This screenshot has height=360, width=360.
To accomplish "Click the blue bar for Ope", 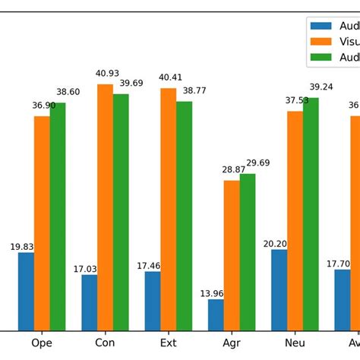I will [26, 292].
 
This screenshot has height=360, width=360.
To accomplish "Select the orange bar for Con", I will [105, 207].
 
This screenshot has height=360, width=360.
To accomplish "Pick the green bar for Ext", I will [184, 216].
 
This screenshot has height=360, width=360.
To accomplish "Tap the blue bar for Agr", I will [216, 315].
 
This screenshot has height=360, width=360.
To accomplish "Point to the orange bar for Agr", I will [232, 255].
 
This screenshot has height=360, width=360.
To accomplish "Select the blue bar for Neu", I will [279, 290].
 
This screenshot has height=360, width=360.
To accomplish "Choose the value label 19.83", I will [21, 247].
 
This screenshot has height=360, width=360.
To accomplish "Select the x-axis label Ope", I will [42, 343].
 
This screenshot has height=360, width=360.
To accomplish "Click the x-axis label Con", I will [105, 343].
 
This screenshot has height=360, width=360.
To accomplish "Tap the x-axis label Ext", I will [169, 343].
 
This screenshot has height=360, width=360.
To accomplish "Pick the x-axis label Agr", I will [232, 343].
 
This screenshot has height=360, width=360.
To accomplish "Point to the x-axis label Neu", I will [295, 343].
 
